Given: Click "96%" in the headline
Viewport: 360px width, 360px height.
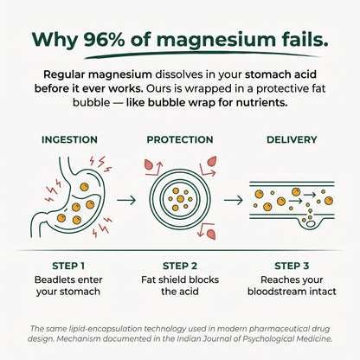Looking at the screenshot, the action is [104, 40].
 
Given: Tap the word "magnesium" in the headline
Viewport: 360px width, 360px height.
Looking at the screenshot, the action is [216, 41].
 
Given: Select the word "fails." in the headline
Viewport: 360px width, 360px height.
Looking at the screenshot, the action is [305, 39].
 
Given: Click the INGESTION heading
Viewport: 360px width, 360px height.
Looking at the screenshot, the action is [69, 139].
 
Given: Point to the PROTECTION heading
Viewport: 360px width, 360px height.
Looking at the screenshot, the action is [180, 139].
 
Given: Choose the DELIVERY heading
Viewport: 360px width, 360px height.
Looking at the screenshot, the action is [292, 139].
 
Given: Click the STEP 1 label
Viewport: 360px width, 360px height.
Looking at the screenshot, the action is [68, 266].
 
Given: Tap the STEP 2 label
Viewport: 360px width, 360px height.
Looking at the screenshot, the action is [180, 266].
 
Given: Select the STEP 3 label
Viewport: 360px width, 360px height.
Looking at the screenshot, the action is [292, 266].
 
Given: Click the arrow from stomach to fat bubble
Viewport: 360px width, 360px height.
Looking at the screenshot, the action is [126, 200].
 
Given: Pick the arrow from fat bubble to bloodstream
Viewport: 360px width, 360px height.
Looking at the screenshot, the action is [234, 200].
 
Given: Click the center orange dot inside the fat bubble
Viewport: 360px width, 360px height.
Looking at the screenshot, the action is [180, 199].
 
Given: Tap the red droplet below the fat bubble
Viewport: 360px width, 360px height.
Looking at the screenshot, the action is [211, 235].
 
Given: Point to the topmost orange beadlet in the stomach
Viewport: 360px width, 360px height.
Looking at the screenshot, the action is [84, 187].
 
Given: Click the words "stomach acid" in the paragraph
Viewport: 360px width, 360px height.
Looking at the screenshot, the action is [280, 74].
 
